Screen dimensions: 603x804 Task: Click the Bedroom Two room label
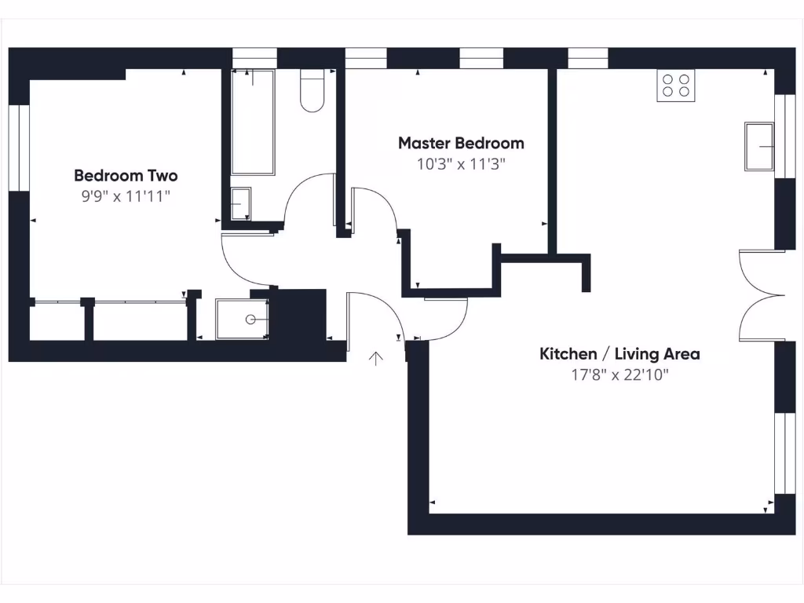tap(126, 175)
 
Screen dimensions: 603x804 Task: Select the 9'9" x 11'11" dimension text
tap(126, 196)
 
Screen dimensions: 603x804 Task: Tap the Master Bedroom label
tap(461, 143)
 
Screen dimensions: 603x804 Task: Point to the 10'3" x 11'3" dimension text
tap(461, 164)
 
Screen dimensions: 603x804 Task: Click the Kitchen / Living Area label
tap(619, 353)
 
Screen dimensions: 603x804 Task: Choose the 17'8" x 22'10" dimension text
tap(619, 375)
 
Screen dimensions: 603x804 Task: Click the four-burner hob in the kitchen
tap(676, 86)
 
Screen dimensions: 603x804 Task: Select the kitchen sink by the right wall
tap(759, 146)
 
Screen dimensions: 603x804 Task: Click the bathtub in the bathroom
tap(253, 122)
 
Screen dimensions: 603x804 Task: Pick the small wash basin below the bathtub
tap(240, 204)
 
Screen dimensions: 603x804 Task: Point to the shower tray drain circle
tap(251, 320)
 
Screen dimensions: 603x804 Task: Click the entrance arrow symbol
tap(377, 359)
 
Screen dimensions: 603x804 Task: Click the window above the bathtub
tap(254, 58)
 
